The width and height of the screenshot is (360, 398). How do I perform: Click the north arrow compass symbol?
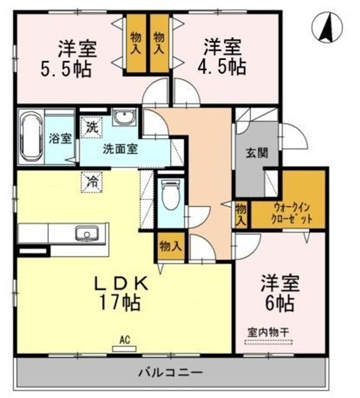327,28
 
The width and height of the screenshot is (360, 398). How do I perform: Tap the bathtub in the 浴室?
31,137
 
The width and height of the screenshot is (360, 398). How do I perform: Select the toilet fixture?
171,194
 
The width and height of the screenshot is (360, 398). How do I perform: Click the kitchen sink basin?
87,233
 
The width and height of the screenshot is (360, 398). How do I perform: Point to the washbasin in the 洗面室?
124,117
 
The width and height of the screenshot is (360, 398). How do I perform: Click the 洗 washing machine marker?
92,127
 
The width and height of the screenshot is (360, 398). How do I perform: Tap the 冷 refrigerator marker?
92,182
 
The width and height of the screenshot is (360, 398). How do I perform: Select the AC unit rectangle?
124,349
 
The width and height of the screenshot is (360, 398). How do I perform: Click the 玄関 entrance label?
257,153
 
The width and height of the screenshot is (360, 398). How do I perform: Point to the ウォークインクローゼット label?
291,213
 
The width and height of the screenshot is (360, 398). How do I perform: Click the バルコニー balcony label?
171,373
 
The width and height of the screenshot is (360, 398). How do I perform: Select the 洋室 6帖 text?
280,293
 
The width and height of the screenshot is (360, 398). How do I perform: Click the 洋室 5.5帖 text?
69,59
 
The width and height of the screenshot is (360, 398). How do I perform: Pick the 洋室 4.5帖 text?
222,56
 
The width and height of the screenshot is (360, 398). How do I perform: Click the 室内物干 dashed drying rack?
268,342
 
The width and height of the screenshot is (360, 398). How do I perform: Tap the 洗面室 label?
120,149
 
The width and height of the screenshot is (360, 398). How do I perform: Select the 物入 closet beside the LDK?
171,246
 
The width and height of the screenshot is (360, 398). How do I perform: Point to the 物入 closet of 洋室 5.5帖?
136,43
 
